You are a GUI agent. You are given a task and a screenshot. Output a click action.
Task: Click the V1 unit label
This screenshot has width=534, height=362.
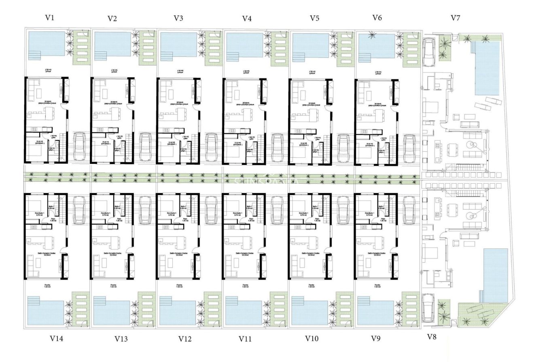coord(50,18)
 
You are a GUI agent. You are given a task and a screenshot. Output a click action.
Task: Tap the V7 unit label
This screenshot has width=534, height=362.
coord(456,18)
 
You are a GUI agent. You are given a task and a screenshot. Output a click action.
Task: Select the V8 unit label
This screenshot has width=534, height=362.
coord(432,336)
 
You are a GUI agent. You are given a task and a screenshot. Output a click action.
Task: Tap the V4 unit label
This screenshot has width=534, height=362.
coord(247,18)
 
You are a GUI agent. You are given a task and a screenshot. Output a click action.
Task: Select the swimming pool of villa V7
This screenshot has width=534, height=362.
coord(487,68)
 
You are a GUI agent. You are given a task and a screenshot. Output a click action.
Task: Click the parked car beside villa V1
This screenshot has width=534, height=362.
coord(79,147)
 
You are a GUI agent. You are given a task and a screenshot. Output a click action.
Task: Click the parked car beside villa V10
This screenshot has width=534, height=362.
coord(343,209)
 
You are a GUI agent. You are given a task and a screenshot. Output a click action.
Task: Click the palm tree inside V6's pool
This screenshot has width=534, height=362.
coord(371,37)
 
